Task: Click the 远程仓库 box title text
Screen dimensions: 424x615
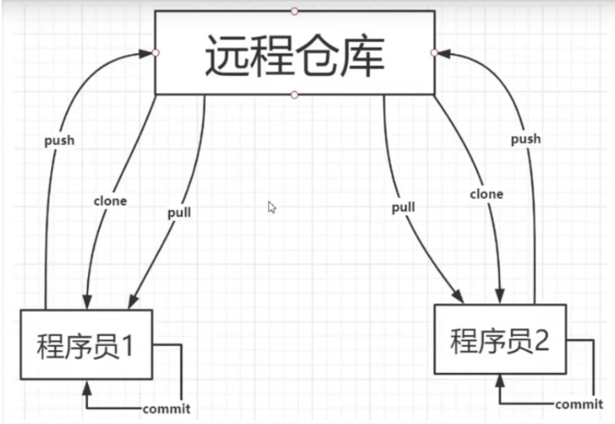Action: click(x=295, y=55)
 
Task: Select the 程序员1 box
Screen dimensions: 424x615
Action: click(x=87, y=344)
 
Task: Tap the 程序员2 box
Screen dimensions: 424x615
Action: click(x=501, y=339)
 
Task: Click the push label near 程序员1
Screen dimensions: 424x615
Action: click(x=59, y=140)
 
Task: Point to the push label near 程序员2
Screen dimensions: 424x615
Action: click(x=525, y=138)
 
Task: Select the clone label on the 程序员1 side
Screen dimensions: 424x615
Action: click(x=111, y=201)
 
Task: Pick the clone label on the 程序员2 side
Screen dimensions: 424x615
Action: click(x=487, y=194)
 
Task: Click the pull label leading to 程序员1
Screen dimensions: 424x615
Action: click(x=178, y=212)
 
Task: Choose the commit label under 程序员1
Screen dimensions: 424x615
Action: click(x=166, y=409)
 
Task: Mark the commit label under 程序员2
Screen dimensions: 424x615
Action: click(x=578, y=405)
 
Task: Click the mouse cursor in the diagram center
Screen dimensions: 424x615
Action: click(x=271, y=207)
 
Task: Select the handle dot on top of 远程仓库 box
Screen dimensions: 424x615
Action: click(x=294, y=11)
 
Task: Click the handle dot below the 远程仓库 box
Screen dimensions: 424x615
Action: click(x=294, y=95)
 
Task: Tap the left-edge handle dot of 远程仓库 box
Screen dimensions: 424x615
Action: click(x=156, y=53)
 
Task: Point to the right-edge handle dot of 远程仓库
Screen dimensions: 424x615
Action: click(x=434, y=53)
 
